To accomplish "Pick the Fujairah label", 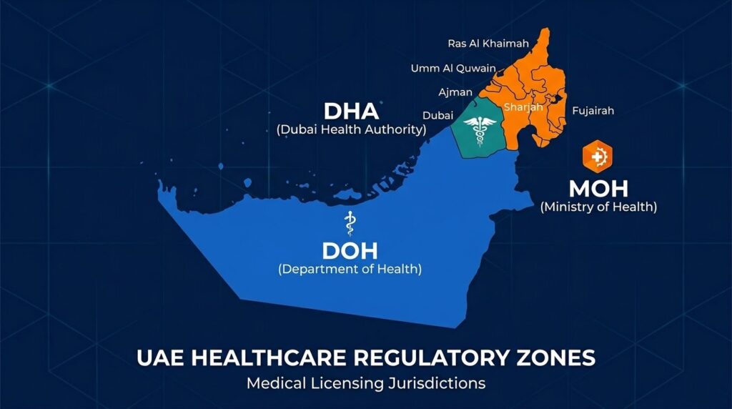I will pos(593,111).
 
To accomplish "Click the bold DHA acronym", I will pos(351,112).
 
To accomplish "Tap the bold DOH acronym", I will pos(350,251).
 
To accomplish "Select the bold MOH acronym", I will pos(598,189).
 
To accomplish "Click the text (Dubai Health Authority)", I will pos(351,130).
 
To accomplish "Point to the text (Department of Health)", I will pos(350,270).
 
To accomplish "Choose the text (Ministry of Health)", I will pos(598,207).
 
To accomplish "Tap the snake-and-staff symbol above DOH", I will pos(350,223).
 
